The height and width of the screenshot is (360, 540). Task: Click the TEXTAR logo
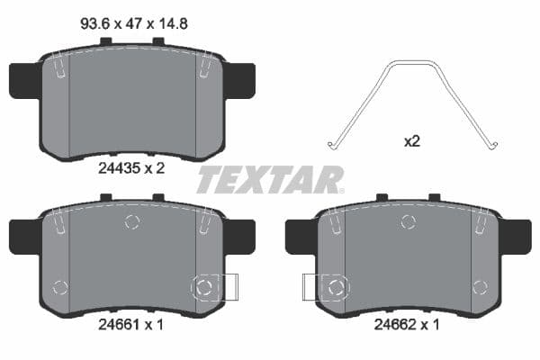click(x=270, y=179)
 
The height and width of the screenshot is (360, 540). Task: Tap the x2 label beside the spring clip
click(x=412, y=140)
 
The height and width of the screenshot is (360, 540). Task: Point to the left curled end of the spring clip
click(x=333, y=143)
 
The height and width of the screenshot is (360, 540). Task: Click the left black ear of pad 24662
click(x=300, y=237)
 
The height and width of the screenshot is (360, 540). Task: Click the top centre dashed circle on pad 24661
click(x=132, y=221)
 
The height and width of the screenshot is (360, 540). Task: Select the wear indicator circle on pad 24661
click(x=204, y=287)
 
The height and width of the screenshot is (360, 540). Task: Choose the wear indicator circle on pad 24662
click(x=337, y=287)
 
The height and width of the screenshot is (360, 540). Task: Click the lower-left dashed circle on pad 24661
click(x=60, y=288)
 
